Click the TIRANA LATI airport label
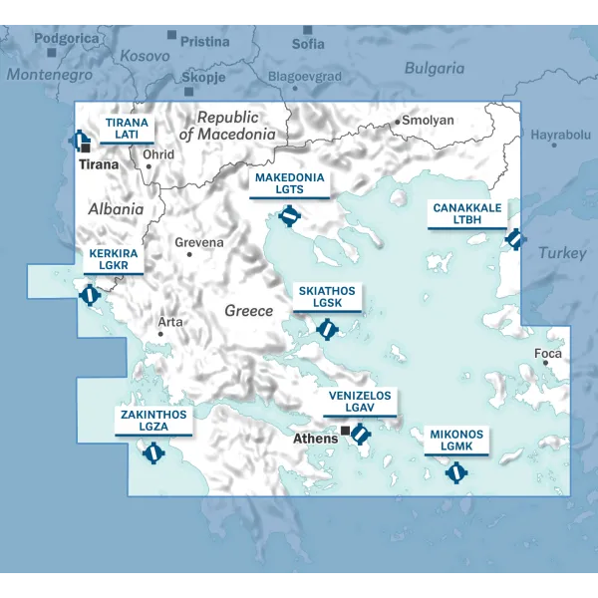(127, 129)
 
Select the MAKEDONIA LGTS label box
(289, 183)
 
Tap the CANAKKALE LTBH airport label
(465, 213)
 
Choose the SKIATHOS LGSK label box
(326, 297)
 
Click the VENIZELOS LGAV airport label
(361, 402)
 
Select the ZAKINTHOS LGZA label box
(153, 421)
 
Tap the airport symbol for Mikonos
(456, 472)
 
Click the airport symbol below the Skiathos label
(325, 328)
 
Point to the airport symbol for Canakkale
(514, 239)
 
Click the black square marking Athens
(346, 432)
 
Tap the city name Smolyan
(429, 121)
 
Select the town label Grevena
(199, 242)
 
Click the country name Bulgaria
(434, 69)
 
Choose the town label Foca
(548, 354)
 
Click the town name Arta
(170, 322)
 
